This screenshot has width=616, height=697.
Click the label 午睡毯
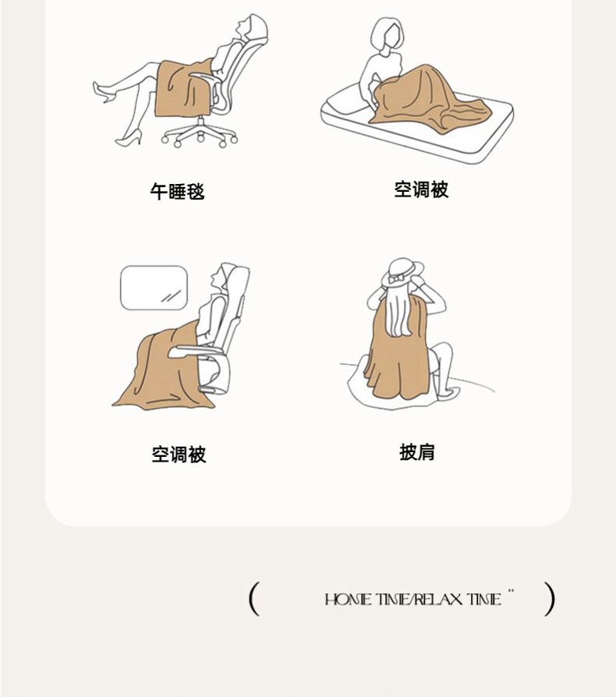tap(177, 192)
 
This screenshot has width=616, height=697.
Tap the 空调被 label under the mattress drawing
tap(421, 189)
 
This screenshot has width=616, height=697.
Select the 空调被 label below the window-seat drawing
tap(179, 455)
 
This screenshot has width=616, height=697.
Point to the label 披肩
tap(417, 452)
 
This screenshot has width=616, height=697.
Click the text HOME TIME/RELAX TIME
tap(413, 600)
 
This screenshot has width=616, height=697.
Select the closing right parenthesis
tap(550, 599)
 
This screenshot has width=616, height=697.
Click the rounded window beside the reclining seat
tap(154, 288)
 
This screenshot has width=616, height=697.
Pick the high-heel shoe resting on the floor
tap(129, 138)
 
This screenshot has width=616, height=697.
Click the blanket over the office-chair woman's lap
tap(183, 90)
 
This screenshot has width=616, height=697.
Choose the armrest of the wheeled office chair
tap(205, 79)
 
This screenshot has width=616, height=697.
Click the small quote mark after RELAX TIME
tap(511, 591)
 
